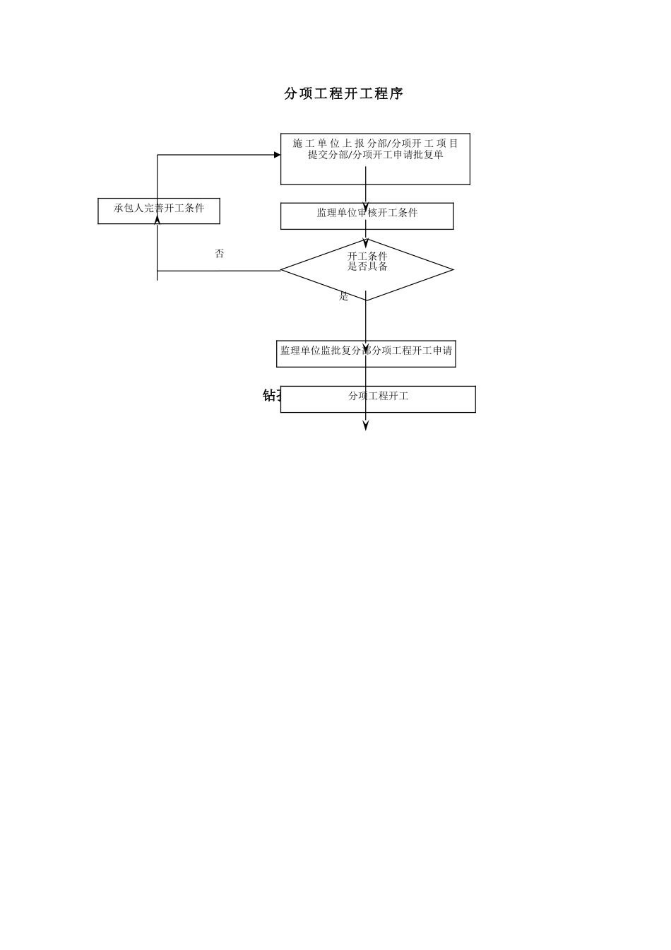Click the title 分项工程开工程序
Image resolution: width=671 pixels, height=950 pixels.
pyautogui.click(x=343, y=94)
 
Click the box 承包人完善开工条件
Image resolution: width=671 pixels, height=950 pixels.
pyautogui.click(x=159, y=211)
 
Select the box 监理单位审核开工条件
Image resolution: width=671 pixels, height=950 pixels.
pyautogui.click(x=367, y=216)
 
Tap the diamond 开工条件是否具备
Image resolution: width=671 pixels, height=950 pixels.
pyautogui.click(x=367, y=269)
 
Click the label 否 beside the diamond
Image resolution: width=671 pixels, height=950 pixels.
pyautogui.click(x=220, y=254)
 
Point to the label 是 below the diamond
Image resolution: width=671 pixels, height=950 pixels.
pyautogui.click(x=344, y=297)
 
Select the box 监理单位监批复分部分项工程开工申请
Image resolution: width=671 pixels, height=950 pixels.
pyautogui.click(x=366, y=353)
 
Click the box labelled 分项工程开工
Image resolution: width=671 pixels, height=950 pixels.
pyautogui.click(x=378, y=399)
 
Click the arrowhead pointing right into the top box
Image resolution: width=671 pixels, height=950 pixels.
pyautogui.click(x=277, y=155)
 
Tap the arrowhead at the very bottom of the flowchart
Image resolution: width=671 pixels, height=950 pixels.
pyautogui.click(x=366, y=426)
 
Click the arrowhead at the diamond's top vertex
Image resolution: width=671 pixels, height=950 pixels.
pyautogui.click(x=366, y=242)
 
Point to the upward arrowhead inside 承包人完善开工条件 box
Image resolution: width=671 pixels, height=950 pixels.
pyautogui.click(x=158, y=219)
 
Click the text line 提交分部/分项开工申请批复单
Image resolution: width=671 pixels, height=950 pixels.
pyautogui.click(x=375, y=155)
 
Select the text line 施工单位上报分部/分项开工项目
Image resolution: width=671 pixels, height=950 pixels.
pyautogui.click(x=375, y=143)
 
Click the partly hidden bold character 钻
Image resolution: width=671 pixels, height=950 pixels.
pyautogui.click(x=269, y=395)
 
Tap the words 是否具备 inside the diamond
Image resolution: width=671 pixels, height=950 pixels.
pyautogui.click(x=367, y=266)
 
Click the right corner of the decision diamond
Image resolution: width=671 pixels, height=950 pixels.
pyautogui.click(x=452, y=269)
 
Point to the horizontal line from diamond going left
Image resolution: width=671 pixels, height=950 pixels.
pyautogui.click(x=219, y=270)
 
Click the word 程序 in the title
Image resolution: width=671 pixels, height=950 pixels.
pyautogui.click(x=388, y=94)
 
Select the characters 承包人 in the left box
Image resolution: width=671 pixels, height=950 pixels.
pyautogui.click(x=129, y=209)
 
